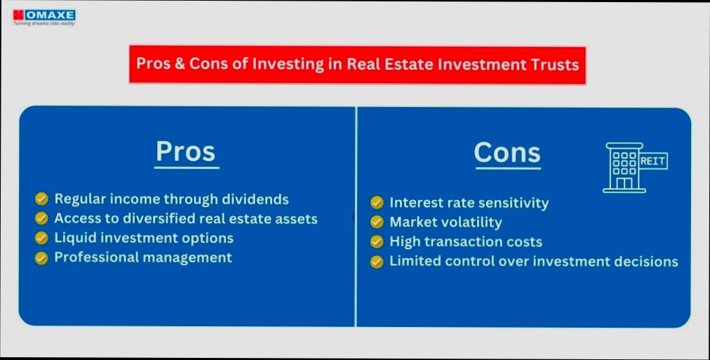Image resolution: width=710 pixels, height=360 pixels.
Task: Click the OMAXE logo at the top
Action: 43,14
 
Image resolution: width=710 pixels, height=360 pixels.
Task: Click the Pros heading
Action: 185,152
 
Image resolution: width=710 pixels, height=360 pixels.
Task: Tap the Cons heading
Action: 507,152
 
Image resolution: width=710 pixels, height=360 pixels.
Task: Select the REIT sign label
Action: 652,161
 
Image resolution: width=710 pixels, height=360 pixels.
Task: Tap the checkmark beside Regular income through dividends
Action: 42,199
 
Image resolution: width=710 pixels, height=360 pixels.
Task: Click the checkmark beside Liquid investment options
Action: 42,238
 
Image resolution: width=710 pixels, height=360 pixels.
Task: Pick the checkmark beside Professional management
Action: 42,258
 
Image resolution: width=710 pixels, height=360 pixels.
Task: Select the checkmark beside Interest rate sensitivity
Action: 377,203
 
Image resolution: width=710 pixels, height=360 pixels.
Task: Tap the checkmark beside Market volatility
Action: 377,222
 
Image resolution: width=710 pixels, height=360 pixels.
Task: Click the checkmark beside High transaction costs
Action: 377,242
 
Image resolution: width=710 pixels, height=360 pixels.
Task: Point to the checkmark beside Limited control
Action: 377,262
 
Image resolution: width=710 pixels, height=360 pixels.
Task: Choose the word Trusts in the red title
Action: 554,65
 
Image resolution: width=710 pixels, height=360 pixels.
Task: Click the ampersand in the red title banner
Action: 180,65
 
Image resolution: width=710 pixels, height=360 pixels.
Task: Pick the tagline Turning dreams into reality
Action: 43,23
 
